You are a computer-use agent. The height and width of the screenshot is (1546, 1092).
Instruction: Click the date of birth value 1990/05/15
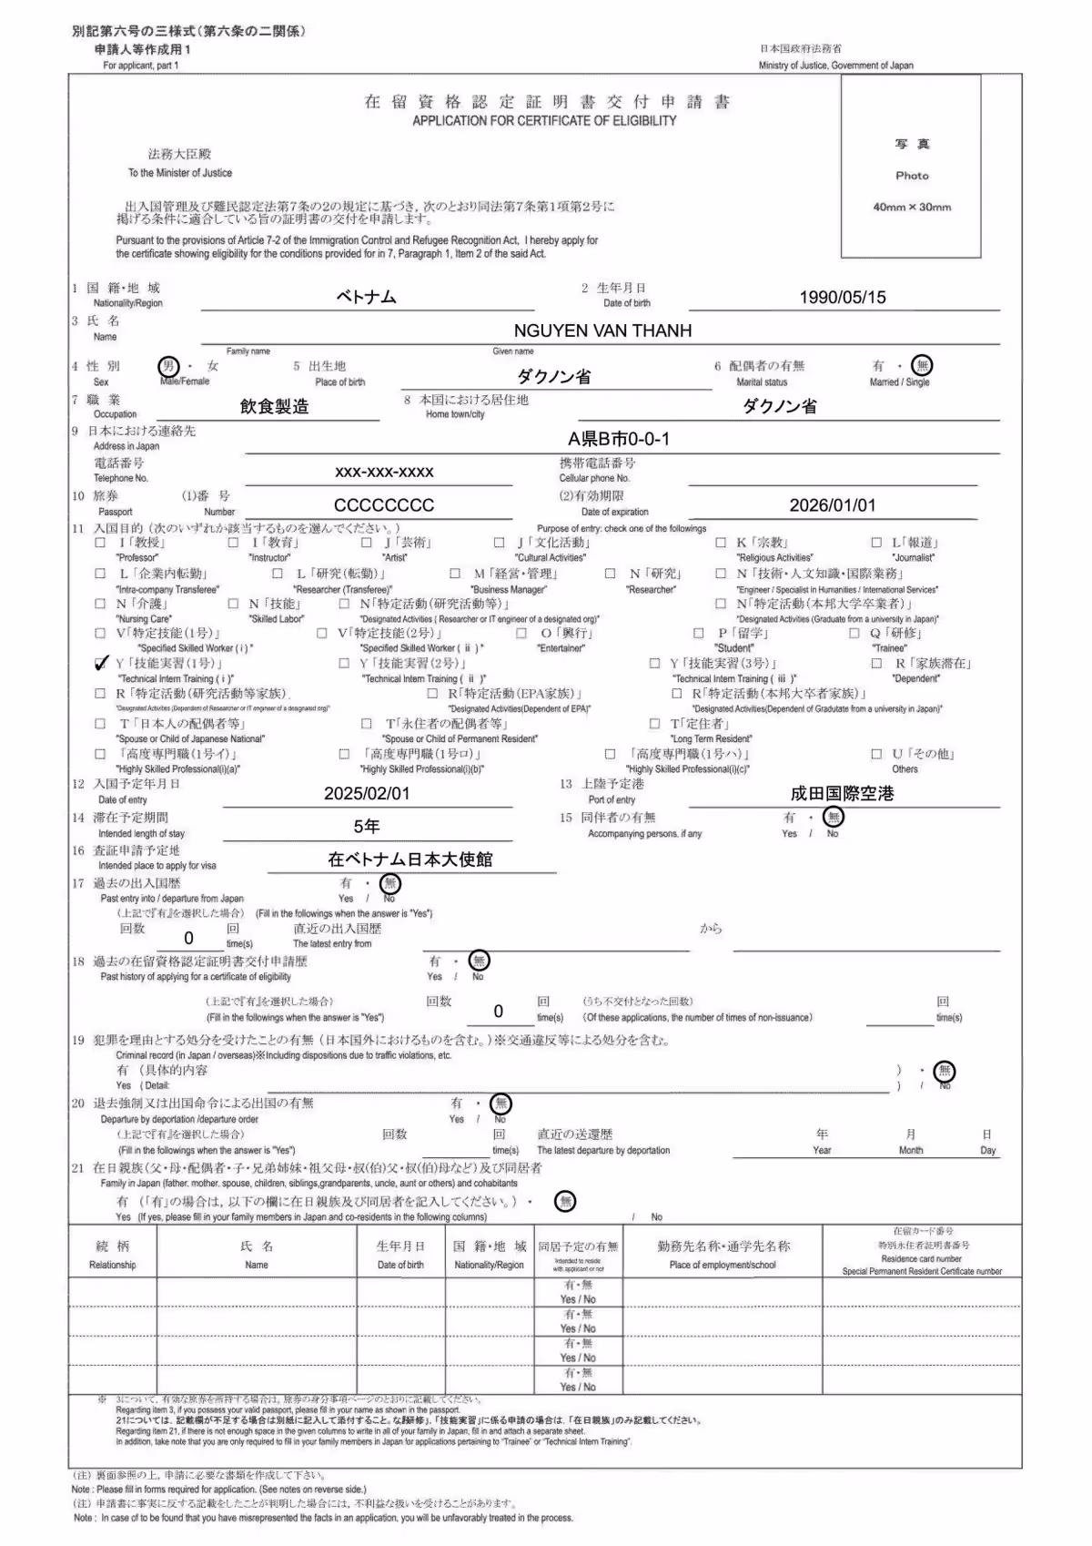pos(842,297)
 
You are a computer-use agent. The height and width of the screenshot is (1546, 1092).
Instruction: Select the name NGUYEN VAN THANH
pos(602,331)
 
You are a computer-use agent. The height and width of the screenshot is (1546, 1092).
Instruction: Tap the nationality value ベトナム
pos(366,297)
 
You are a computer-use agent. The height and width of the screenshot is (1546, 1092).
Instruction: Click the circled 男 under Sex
pos(168,366)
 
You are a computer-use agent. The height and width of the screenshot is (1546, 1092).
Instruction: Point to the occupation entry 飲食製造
pos(274,406)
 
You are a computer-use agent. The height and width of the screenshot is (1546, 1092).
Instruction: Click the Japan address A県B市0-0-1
pos(619,439)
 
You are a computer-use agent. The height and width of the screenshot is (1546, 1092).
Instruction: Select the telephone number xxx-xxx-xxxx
pos(384,472)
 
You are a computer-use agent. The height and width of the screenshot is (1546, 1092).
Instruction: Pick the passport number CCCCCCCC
pos(384,505)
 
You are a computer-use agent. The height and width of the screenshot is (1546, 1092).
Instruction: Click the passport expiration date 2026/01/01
pos(832,505)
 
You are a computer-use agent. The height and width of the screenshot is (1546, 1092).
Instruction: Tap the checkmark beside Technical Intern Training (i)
pos(101,663)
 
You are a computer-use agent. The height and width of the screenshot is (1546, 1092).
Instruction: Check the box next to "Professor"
pos(100,543)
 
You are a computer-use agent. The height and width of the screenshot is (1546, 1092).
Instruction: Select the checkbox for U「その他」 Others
pos(876,754)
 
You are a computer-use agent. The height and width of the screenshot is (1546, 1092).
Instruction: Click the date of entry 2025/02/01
pos(367,793)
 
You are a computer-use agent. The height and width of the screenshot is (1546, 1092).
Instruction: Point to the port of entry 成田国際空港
pos(842,793)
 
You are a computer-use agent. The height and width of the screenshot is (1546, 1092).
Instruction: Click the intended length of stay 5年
pos(367,826)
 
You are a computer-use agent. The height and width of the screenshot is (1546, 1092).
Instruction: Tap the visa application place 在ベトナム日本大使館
pos(409,859)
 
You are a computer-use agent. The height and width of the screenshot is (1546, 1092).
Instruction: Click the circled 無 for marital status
pos(923,366)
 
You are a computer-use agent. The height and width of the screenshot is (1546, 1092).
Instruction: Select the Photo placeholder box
pos(911,167)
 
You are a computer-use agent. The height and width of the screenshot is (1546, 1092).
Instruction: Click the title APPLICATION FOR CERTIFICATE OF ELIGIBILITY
pos(544,120)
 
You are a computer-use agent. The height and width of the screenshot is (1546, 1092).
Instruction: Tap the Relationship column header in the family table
pos(113,1255)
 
